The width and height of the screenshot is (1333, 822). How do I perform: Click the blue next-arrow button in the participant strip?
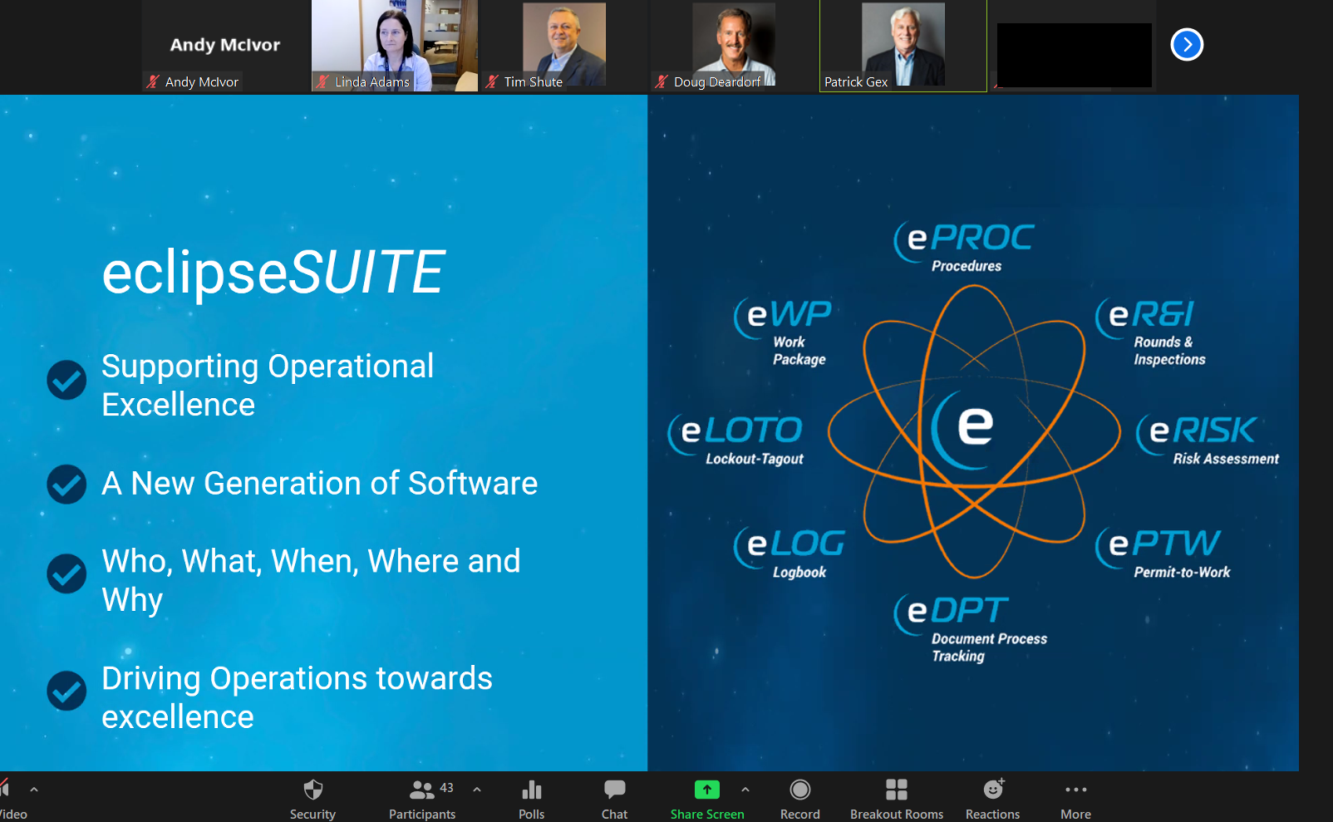(1187, 45)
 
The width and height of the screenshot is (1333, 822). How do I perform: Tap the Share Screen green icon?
(707, 790)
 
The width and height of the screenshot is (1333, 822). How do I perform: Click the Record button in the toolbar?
(799, 790)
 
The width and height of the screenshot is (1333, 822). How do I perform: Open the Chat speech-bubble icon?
(614, 790)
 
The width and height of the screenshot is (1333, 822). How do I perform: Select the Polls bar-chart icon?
(531, 790)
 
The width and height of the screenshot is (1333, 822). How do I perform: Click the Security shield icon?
(313, 790)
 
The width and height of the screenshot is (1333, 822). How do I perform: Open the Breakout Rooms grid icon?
(896, 790)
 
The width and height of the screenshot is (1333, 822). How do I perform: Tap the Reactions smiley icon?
(992, 790)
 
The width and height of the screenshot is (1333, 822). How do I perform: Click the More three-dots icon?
(1076, 790)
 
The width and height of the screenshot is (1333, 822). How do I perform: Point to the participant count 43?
(446, 788)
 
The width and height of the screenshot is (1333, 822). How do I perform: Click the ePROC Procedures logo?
(964, 246)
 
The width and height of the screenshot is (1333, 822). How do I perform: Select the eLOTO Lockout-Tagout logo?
(735, 440)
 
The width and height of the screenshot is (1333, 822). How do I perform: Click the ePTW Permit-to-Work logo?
(1163, 553)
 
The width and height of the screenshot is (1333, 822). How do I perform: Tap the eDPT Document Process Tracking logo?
(970, 628)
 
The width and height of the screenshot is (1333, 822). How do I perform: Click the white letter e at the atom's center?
(975, 426)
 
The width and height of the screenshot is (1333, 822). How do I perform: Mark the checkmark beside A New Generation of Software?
(66, 484)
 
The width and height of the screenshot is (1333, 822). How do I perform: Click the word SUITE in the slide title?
(366, 272)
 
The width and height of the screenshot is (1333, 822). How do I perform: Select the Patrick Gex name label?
(855, 82)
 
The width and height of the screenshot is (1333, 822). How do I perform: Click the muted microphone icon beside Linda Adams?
(322, 81)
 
